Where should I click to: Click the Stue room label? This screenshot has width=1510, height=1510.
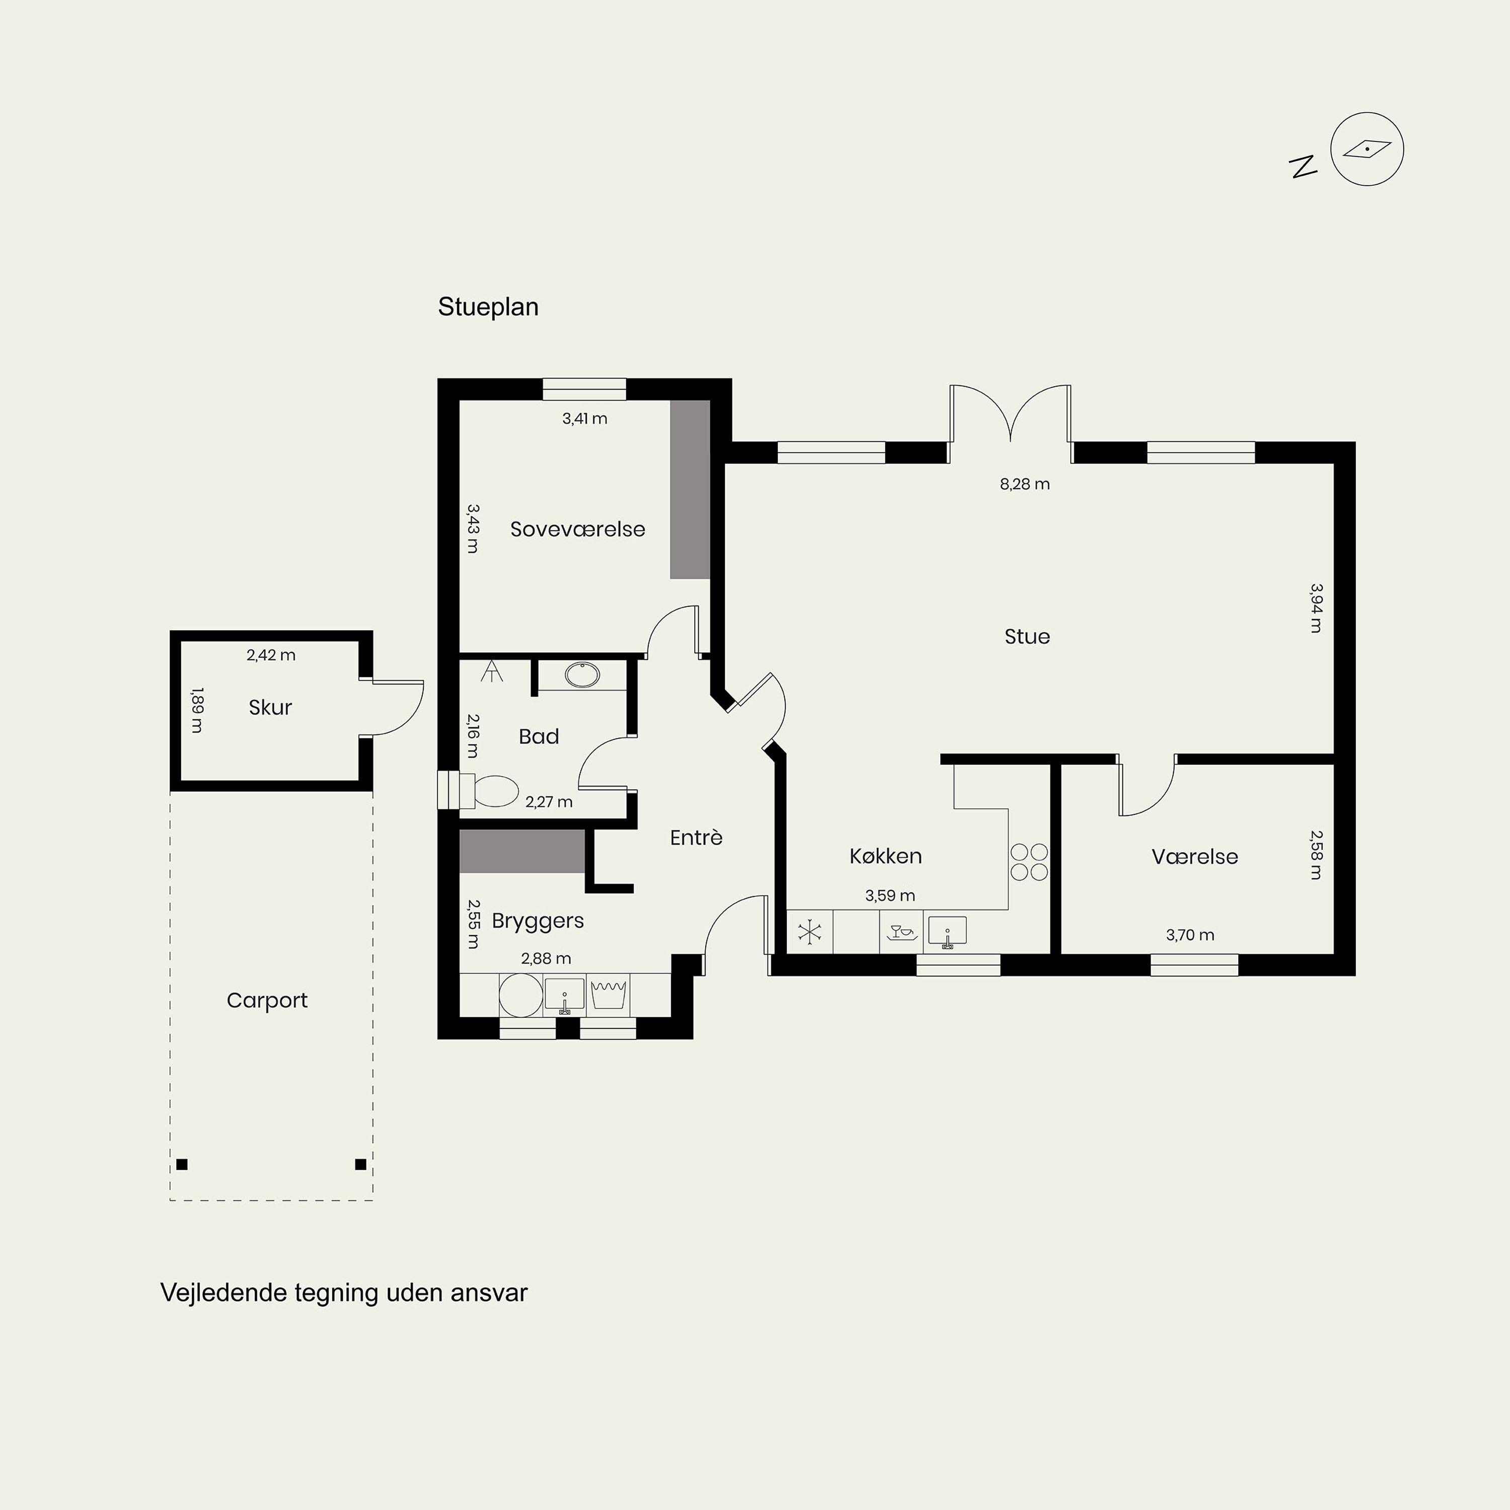[1027, 637]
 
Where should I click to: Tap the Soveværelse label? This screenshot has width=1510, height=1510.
[578, 529]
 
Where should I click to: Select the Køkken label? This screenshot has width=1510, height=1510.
[885, 857]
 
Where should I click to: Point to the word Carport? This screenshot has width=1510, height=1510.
[267, 1001]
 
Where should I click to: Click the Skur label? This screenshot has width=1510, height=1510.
[270, 707]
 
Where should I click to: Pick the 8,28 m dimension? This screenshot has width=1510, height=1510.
[1025, 484]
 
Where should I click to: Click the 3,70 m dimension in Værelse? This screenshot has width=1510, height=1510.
[1189, 935]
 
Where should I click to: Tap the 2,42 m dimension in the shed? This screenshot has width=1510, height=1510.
[271, 655]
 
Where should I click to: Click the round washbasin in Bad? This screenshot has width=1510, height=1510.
[582, 674]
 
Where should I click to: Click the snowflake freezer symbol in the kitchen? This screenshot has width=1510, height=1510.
[810, 932]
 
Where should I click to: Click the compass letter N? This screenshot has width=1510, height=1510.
[1303, 167]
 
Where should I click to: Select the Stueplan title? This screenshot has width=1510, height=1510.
[488, 307]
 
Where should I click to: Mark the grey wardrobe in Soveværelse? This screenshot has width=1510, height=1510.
[690, 489]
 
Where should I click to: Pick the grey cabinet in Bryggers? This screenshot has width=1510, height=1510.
[522, 851]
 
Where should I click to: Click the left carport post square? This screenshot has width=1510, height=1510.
[182, 1165]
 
